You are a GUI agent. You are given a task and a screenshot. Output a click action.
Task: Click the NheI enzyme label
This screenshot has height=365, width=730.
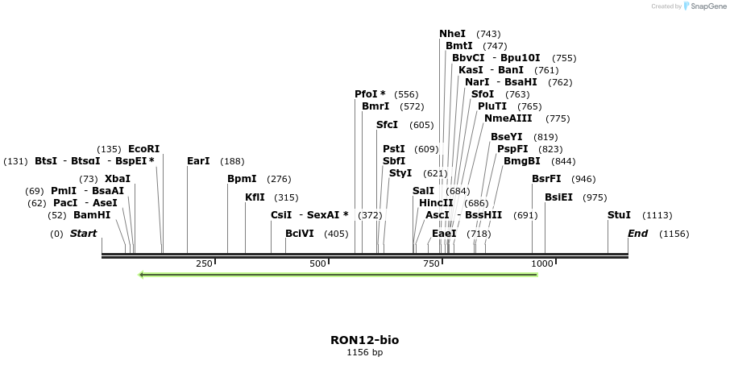pos(452,34)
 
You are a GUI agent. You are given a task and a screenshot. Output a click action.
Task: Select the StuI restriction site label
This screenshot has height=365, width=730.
pos(619,215)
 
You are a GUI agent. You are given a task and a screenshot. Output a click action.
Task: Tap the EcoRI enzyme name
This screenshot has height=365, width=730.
pos(144,148)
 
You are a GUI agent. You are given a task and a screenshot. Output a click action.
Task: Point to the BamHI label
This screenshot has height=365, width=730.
pos(92,215)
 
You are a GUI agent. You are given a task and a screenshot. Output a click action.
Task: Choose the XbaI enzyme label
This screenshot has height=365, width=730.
pos(118,178)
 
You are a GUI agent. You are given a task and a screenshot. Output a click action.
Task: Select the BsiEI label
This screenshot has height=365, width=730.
pos(558,197)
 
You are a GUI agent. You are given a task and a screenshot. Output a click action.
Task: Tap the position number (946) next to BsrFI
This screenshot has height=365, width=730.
pos(583,179)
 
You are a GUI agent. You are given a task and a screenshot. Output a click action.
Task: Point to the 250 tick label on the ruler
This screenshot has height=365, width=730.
pos(204,263)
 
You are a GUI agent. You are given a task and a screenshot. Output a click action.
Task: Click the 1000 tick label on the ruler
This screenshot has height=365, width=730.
pos(543,263)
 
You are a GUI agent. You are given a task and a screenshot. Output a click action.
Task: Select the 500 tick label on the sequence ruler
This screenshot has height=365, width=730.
pos(318,263)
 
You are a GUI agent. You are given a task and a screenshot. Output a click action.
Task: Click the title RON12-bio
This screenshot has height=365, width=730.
pos(364,340)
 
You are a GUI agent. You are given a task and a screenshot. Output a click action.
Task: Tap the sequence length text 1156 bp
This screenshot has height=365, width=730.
pos(364,353)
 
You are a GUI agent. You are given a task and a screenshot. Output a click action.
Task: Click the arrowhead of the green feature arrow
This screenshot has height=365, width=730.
pos(142,275)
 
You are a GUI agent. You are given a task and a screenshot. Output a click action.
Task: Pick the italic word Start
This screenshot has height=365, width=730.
pos(83,234)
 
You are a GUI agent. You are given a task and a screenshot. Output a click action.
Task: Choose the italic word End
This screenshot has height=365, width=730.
pos(637,234)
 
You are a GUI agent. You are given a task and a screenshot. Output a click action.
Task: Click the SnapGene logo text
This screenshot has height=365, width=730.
pos(704,6)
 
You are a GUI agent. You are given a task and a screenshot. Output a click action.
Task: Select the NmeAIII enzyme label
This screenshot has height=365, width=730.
pos(508,118)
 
